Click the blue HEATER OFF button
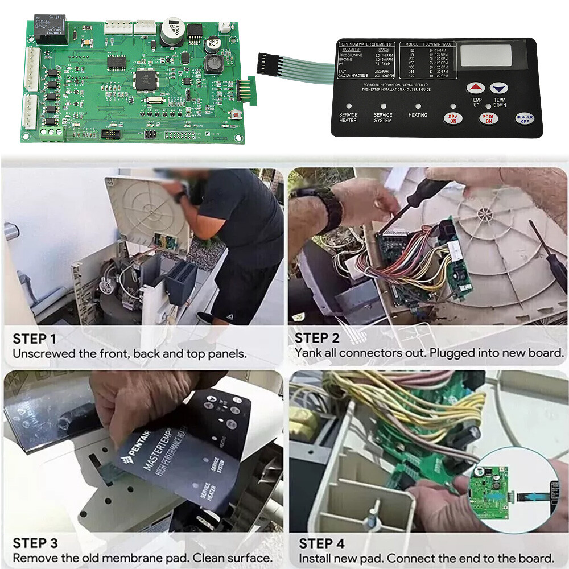click(x=524, y=118)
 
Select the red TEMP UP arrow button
click(x=476, y=88)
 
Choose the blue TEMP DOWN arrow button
click(x=499, y=88)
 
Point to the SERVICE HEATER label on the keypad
click(x=348, y=117)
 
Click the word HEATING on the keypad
click(x=418, y=115)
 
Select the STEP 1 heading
click(x=34, y=340)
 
